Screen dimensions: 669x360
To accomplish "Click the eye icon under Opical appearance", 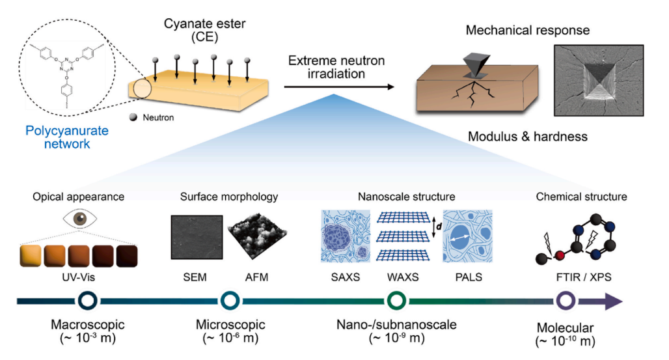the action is (80, 219).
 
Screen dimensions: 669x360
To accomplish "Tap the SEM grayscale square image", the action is (197, 237).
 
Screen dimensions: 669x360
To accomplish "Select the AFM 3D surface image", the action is (257, 235).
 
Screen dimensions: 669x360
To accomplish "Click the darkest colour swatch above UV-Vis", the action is (127, 256).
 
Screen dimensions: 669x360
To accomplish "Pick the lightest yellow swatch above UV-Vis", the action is (31, 256).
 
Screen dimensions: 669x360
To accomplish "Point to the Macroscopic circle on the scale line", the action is (87, 301).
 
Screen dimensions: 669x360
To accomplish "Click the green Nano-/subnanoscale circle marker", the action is (396, 301).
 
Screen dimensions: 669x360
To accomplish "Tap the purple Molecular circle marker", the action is (566, 301).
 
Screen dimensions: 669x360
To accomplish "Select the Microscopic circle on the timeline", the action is (230, 301).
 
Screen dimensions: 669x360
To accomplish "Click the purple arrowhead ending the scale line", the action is (612, 301).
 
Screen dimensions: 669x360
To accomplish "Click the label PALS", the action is (469, 277).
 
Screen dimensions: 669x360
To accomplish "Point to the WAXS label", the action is (403, 277).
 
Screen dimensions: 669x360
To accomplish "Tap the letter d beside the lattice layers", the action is (439, 227).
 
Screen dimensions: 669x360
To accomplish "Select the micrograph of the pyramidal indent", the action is (599, 80).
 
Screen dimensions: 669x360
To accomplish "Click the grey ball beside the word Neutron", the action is (133, 117).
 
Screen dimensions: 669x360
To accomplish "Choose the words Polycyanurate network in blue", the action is (67, 137).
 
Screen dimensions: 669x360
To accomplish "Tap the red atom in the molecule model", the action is (560, 255).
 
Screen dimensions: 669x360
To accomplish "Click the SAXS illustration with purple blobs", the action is (346, 236).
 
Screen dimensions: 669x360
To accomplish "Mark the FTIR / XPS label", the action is (584, 277).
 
